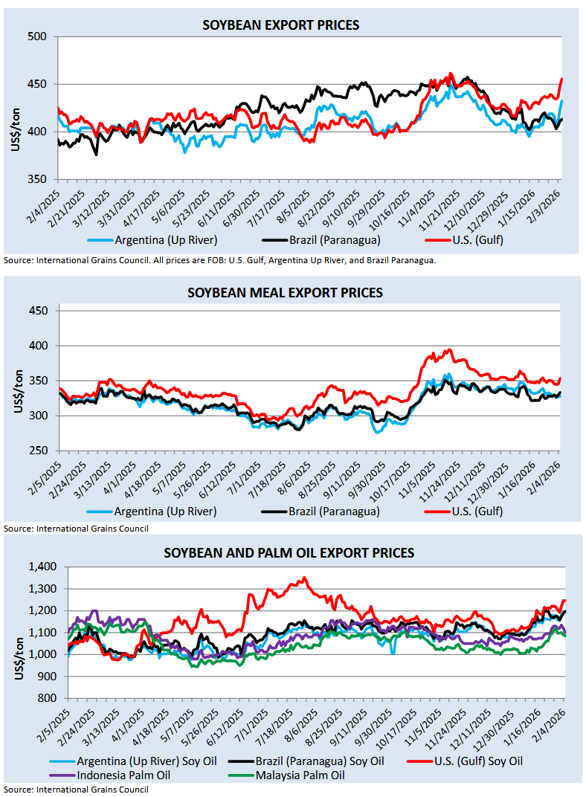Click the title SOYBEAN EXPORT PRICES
click(x=281, y=25)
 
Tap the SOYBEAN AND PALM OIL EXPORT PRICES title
click(x=289, y=553)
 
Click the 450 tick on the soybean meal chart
click(x=37, y=311)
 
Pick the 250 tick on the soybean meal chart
click(x=37, y=451)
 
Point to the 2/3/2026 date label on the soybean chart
click(x=551, y=199)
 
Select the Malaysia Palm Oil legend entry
click(x=300, y=775)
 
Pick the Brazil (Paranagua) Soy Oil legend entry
click(x=320, y=761)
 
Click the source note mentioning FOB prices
click(x=219, y=261)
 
